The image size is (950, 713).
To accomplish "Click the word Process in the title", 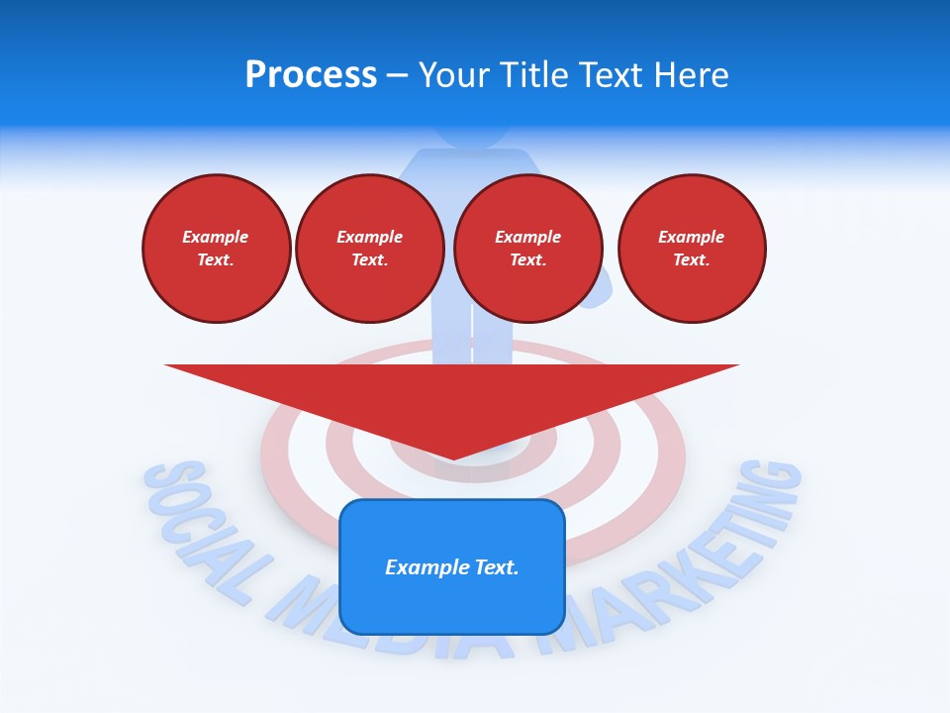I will pos(311,75).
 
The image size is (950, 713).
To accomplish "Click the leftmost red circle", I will pos(217,248).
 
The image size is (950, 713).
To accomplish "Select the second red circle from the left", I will pos(370,248).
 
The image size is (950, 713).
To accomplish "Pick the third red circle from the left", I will pos(528,248).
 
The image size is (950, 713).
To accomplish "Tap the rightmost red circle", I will pos(692,248).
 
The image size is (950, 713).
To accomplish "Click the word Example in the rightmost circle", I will pos(692,237).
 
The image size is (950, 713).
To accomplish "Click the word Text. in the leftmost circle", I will pos(216,260).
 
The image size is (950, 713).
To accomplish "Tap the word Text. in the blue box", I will pos(497,567).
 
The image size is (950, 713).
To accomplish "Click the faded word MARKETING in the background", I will pos(683,564).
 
